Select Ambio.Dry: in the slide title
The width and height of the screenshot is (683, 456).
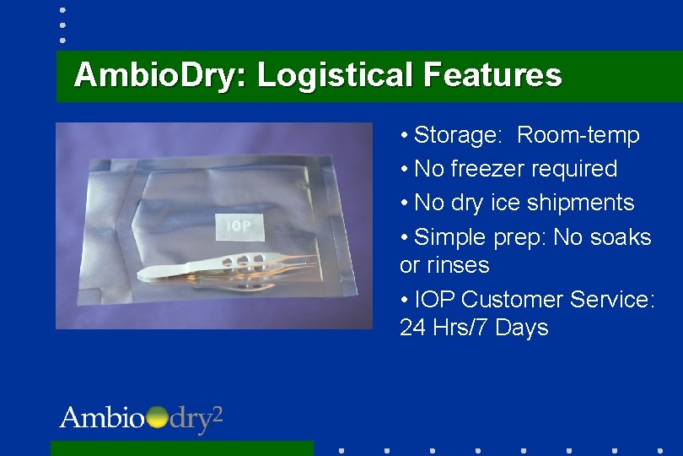(160, 75)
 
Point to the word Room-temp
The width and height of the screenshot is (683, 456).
(578, 135)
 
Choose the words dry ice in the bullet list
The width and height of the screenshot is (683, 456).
(492, 203)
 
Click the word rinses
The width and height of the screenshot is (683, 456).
(456, 265)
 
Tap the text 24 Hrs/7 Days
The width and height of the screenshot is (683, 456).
(474, 328)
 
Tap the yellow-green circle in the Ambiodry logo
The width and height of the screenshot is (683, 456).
(157, 418)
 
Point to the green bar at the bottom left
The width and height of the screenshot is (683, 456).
(181, 448)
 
